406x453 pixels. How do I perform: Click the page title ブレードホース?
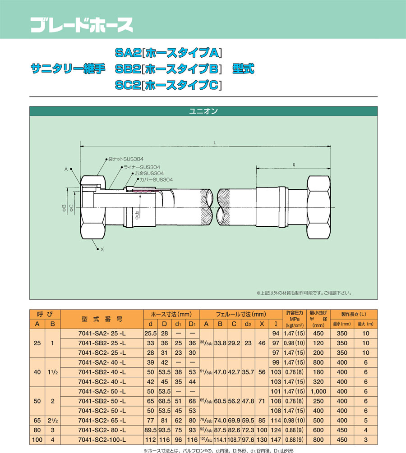82,25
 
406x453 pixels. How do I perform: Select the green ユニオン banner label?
203,111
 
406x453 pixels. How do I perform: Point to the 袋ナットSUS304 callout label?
126,159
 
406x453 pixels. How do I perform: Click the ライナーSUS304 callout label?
142,167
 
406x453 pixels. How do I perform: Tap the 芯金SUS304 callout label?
149,174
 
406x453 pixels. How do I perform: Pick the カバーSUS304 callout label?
156,179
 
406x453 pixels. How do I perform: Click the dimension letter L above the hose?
215,143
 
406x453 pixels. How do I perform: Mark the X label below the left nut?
102,250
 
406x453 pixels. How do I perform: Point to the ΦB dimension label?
64,208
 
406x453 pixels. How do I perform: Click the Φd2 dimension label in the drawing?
137,215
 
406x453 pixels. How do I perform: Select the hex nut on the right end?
318,207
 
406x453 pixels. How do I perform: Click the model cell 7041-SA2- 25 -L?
102,334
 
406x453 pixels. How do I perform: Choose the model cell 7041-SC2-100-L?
102,440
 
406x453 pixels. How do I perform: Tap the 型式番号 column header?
102,319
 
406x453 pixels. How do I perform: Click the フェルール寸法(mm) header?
241,314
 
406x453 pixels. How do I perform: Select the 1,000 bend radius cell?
318,391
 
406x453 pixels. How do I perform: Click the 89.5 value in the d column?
150,430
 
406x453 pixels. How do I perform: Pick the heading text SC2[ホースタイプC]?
169,85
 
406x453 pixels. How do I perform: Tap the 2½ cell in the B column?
53,421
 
